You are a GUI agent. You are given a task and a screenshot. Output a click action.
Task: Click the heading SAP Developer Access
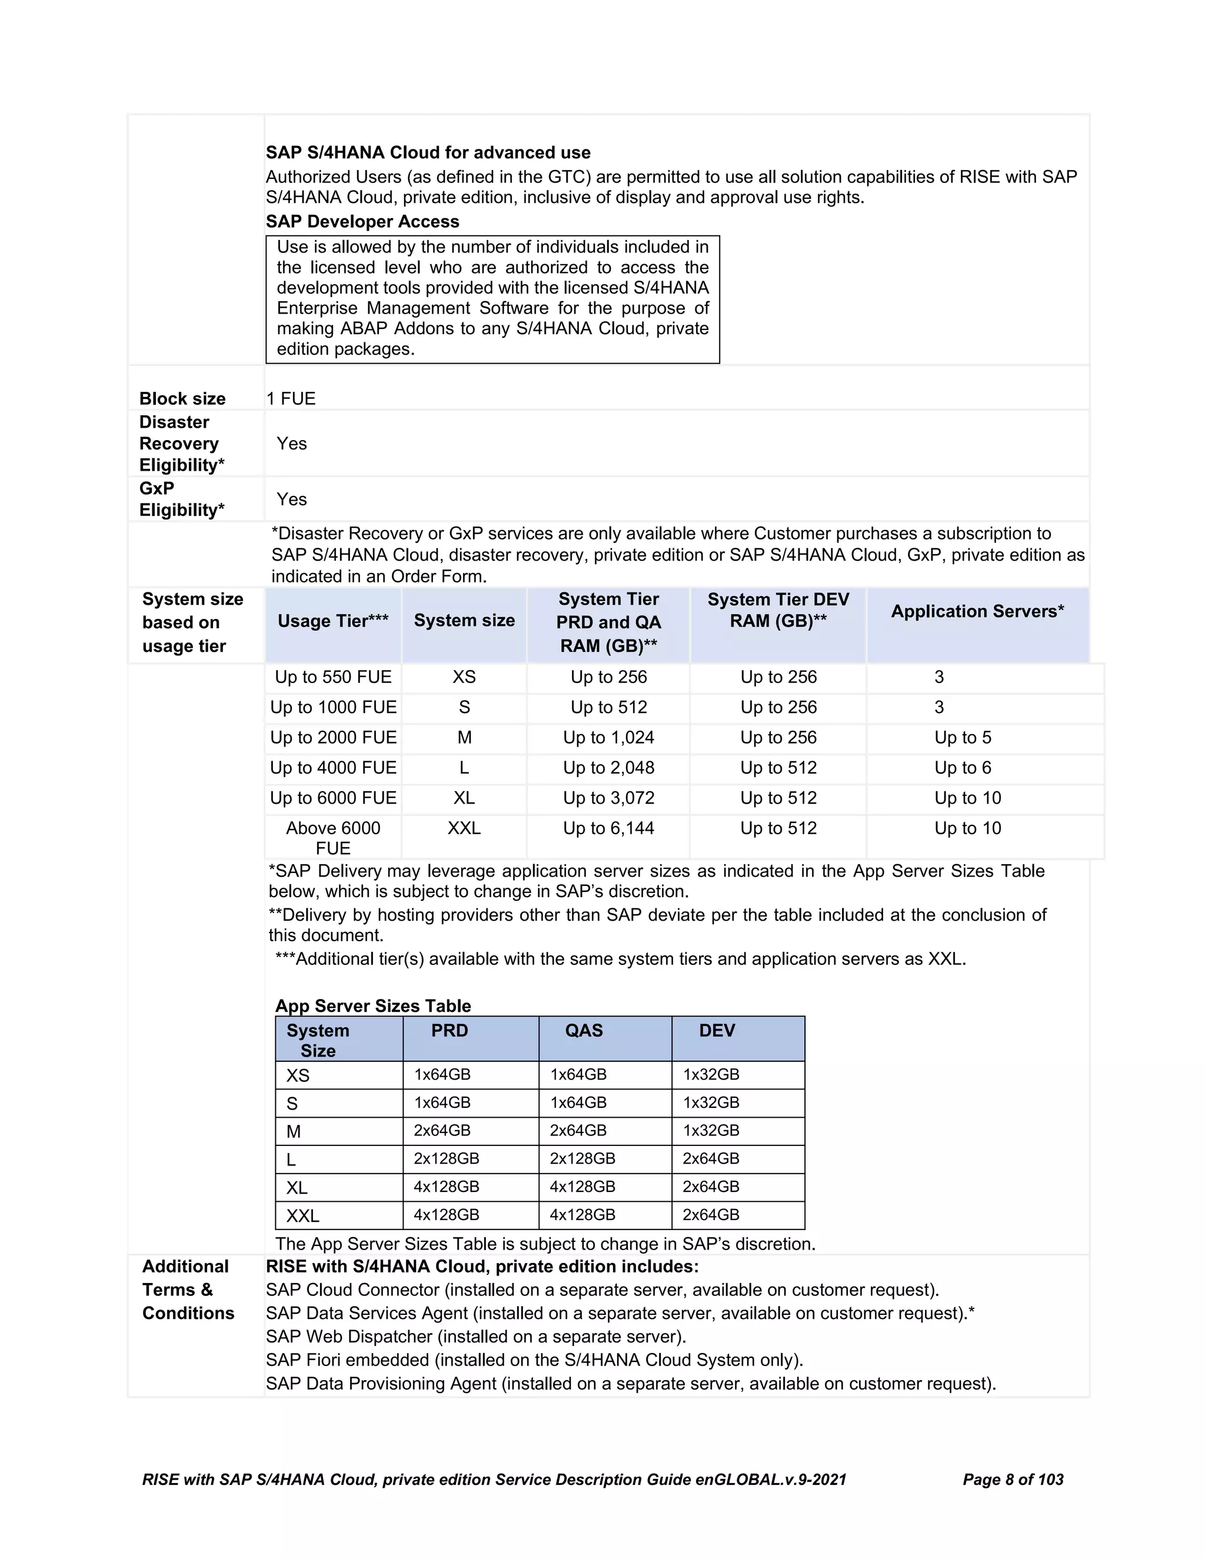click(x=362, y=221)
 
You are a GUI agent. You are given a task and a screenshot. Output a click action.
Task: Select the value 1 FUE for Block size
click(x=291, y=398)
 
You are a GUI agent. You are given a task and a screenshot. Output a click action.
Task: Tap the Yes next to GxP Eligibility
click(x=291, y=499)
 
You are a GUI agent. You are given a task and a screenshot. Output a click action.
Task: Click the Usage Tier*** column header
click(x=332, y=621)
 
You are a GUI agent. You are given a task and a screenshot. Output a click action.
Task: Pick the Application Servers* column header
click(x=977, y=611)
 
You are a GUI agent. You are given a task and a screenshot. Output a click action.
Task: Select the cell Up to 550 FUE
click(x=332, y=677)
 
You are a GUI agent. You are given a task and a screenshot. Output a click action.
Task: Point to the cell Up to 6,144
click(x=608, y=828)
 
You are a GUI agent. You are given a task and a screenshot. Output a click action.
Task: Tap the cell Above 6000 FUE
click(x=332, y=838)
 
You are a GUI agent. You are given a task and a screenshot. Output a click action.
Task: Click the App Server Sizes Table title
click(x=372, y=1006)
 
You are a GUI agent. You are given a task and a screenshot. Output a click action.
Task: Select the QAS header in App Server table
click(x=583, y=1030)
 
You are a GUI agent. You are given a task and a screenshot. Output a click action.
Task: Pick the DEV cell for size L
click(x=710, y=1158)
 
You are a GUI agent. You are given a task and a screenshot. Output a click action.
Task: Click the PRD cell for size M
click(x=442, y=1131)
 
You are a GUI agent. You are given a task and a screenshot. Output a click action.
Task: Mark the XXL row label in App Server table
click(x=302, y=1215)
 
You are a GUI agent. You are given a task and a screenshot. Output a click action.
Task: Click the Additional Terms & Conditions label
click(x=188, y=1290)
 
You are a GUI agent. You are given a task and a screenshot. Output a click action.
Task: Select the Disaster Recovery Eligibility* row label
click(x=181, y=444)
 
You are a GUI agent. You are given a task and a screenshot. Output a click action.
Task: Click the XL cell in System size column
click(x=464, y=798)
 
